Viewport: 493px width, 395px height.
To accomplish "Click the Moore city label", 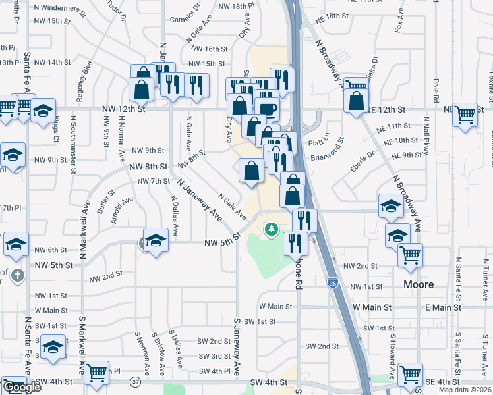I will point(419,284).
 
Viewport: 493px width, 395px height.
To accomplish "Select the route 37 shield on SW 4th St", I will point(136,381).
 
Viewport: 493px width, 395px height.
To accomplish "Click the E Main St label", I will point(446,307).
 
